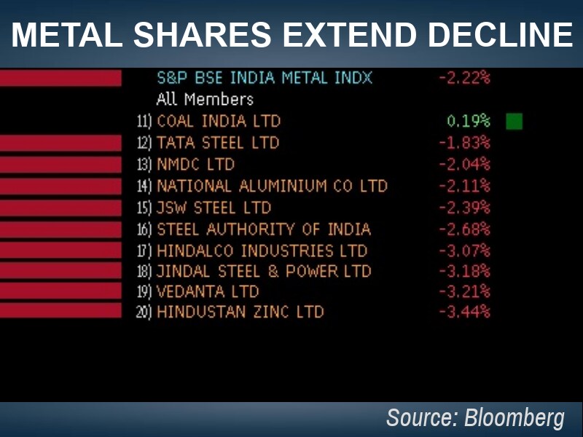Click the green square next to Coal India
(x=514, y=121)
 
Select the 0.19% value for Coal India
(x=468, y=121)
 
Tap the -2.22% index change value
(x=464, y=77)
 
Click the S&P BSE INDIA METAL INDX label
(x=265, y=77)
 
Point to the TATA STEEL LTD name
(x=218, y=143)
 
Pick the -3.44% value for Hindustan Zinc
(x=464, y=312)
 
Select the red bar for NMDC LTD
(x=60, y=165)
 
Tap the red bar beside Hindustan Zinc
(x=60, y=311)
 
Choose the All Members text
(x=205, y=99)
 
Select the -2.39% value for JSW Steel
(x=464, y=208)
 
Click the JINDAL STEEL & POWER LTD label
(x=264, y=272)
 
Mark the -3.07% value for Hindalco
(x=464, y=251)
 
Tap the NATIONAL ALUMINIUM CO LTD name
(x=272, y=186)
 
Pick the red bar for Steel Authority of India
(x=60, y=230)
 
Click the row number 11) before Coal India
(x=145, y=122)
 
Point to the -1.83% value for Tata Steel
(x=464, y=143)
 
